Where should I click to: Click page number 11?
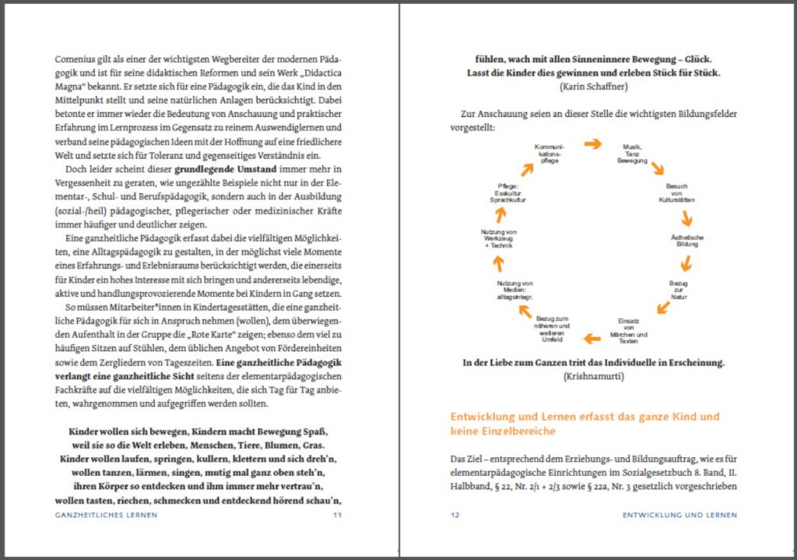click(x=337, y=515)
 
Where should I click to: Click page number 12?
click(x=455, y=515)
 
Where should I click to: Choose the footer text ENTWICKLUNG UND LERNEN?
click(x=679, y=515)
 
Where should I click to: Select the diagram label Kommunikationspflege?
click(x=549, y=153)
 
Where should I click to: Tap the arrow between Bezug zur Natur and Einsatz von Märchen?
click(x=663, y=308)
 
